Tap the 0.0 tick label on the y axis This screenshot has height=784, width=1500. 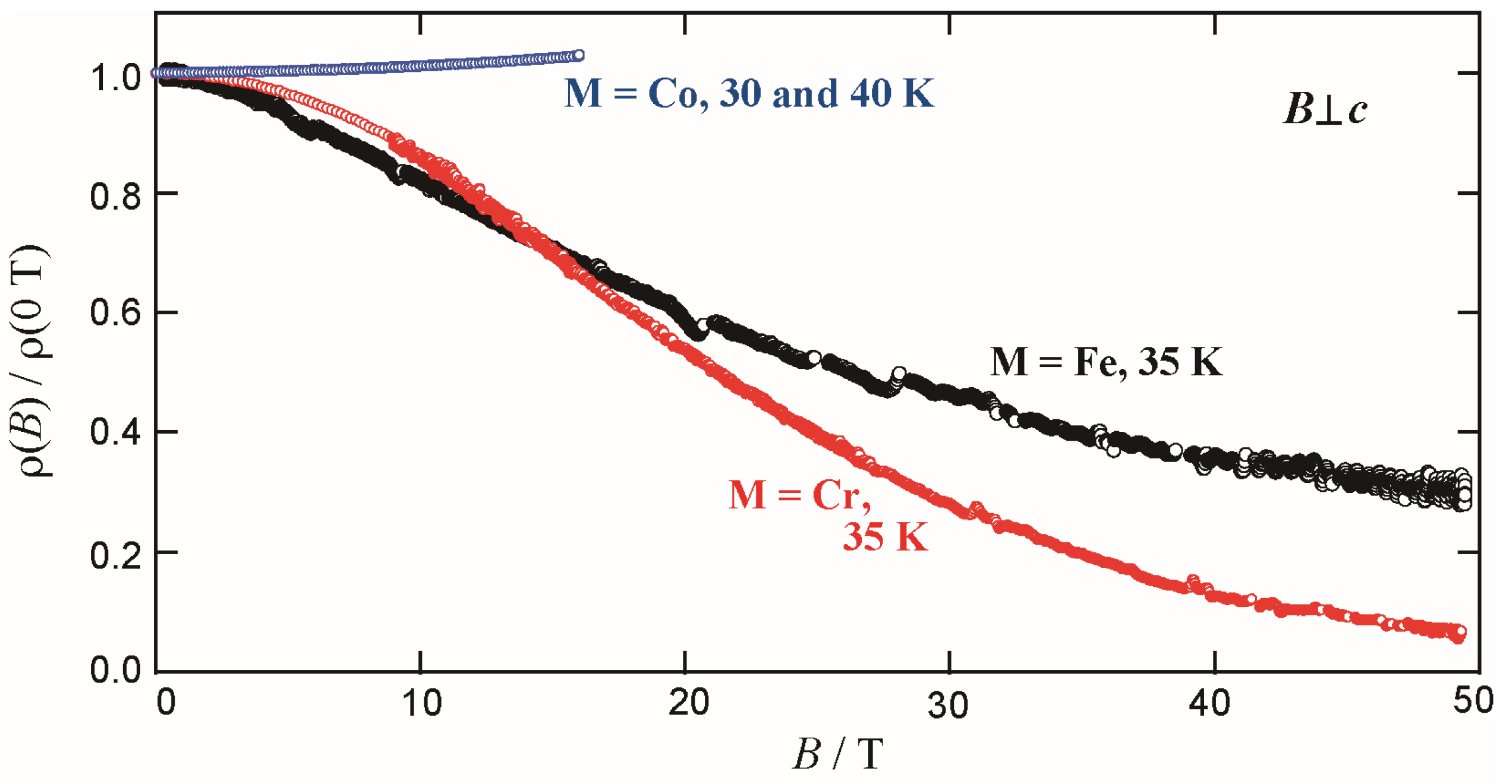point(115,670)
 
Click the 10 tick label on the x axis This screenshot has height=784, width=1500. point(421,703)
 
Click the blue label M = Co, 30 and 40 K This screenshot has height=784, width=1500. point(749,93)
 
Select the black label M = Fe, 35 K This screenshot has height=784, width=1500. point(1106,361)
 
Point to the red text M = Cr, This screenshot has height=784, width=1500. point(799,495)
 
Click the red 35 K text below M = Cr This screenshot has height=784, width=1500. point(885,538)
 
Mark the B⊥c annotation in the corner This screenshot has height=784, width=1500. point(1325,109)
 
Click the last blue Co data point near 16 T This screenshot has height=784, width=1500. point(579,55)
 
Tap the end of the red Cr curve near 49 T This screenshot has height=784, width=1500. point(1458,633)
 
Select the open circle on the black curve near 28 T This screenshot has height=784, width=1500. point(899,374)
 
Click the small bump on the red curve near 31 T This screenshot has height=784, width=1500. point(976,508)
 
